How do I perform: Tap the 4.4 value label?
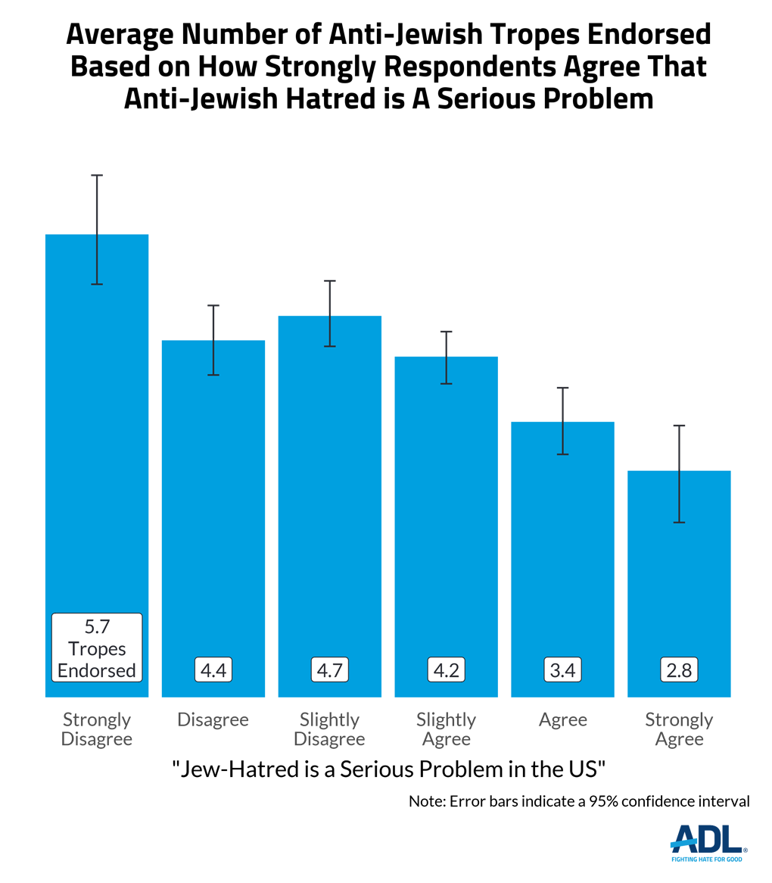click(213, 670)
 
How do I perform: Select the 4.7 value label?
click(330, 670)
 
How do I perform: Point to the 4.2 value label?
click(447, 670)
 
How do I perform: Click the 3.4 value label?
click(563, 670)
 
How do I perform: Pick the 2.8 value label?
click(679, 670)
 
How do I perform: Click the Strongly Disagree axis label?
click(97, 729)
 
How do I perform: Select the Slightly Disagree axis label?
click(330, 729)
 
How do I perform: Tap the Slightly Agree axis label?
click(447, 729)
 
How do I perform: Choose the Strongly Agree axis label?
click(679, 729)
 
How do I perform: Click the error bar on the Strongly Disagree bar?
click(97, 229)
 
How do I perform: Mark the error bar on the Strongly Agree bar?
click(679, 474)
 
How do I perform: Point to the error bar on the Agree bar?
click(563, 421)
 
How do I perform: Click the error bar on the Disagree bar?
click(213, 340)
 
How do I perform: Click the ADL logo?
click(709, 842)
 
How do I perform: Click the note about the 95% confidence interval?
click(579, 801)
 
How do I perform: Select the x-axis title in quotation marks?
click(389, 769)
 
